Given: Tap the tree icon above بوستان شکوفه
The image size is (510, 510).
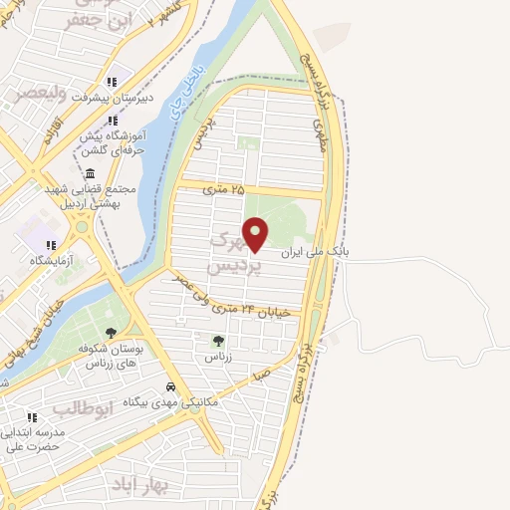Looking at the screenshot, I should [x=111, y=333].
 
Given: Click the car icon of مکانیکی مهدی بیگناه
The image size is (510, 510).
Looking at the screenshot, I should [x=171, y=386].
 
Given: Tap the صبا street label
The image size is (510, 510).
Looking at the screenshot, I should [x=262, y=377].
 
